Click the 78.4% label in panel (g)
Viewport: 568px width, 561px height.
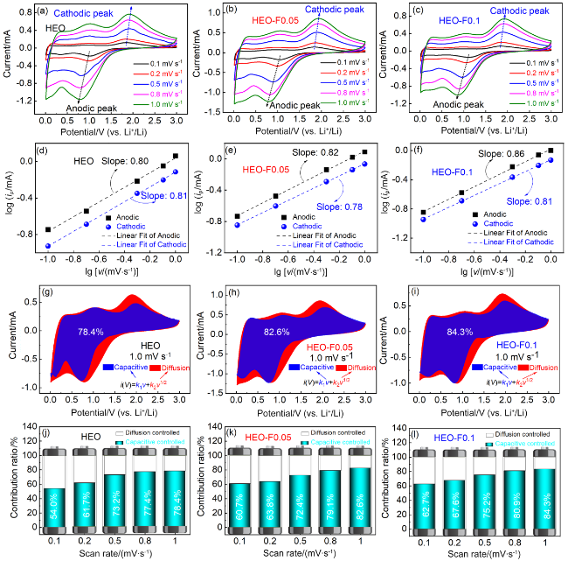tap(92, 332)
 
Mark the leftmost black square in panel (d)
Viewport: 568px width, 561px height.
tap(47, 230)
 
